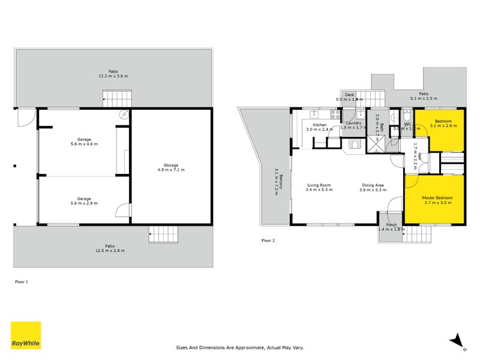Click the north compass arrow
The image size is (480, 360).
click(457, 340)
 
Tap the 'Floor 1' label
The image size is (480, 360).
click(22, 281)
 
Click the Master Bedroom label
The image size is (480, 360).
click(437, 197)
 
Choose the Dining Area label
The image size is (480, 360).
click(372, 185)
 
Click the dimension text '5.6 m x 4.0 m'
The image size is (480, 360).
click(83, 143)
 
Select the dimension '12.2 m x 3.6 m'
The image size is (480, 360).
click(113, 76)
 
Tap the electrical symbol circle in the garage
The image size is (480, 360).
click(124, 115)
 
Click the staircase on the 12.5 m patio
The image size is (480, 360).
click(164, 235)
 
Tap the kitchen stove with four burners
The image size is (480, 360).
click(335, 114)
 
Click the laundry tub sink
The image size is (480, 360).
click(361, 114)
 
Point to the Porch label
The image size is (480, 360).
click(391, 226)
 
